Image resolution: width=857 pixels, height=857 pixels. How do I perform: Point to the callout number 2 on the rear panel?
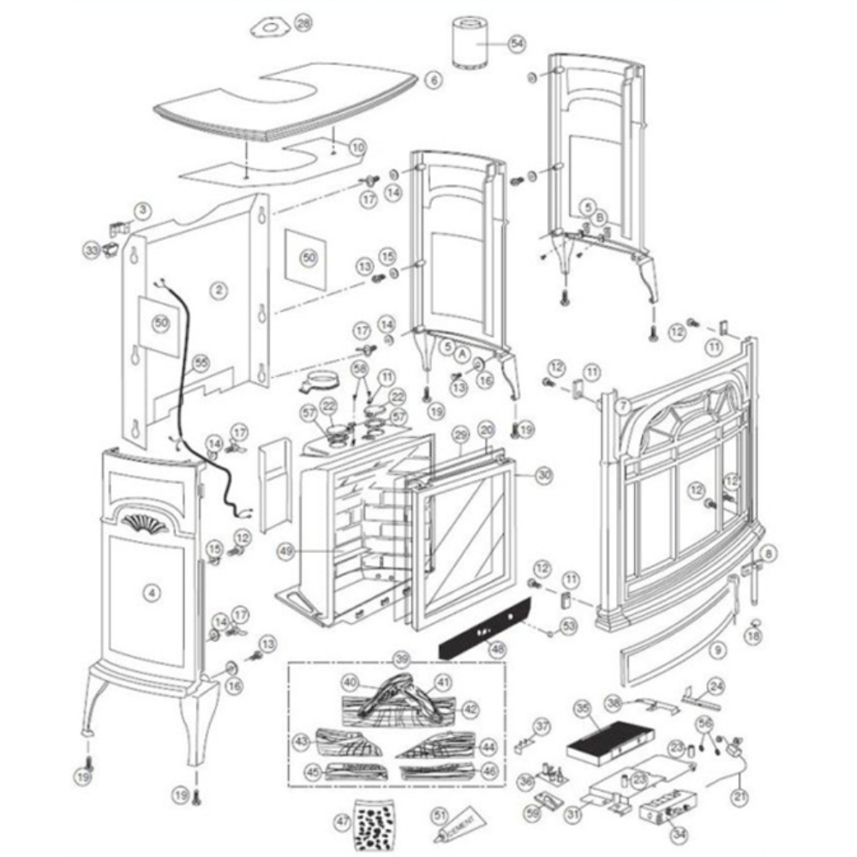(220, 291)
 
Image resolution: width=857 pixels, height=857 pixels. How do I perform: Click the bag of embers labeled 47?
(375, 820)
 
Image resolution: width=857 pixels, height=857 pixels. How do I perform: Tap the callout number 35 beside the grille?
(583, 709)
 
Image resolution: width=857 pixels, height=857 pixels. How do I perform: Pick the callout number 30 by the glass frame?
(545, 474)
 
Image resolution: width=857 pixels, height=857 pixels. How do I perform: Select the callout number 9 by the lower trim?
(717, 650)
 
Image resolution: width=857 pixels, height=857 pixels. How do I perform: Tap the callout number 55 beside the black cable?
(201, 362)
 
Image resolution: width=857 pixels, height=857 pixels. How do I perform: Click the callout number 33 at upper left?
(91, 250)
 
